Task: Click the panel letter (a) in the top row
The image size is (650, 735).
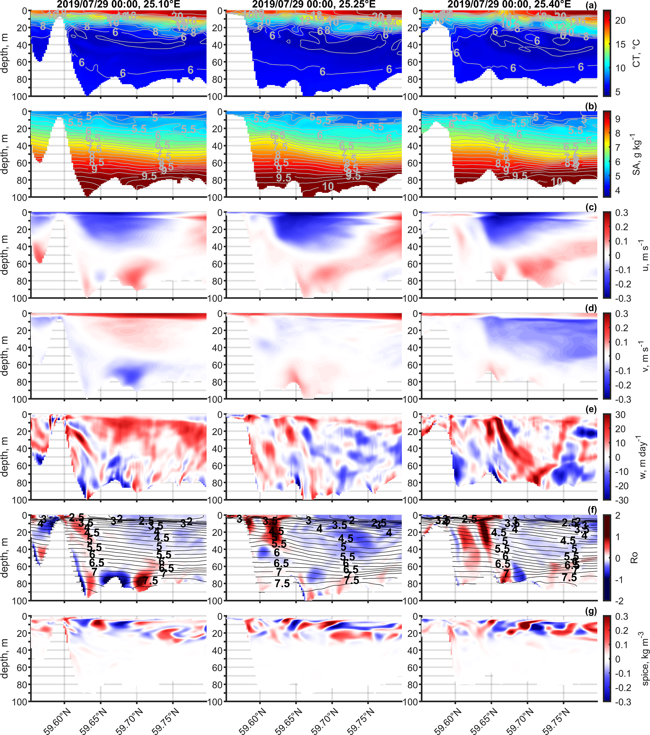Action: pyautogui.click(x=591, y=5)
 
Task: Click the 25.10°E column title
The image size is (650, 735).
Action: pyautogui.click(x=118, y=4)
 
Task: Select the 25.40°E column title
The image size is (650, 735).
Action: pyautogui.click(x=509, y=4)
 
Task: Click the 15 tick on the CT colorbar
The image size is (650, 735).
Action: pyautogui.click(x=620, y=44)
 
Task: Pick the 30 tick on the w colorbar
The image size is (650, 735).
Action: pyautogui.click(x=620, y=415)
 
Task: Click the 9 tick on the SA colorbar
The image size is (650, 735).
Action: pyautogui.click(x=618, y=119)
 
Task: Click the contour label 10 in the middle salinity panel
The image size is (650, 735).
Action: pyautogui.click(x=328, y=186)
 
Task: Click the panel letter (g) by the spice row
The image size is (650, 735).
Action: pyautogui.click(x=592, y=611)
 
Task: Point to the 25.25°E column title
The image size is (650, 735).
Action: pyautogui.click(x=314, y=4)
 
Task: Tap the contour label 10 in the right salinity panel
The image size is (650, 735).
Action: pyautogui.click(x=557, y=181)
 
